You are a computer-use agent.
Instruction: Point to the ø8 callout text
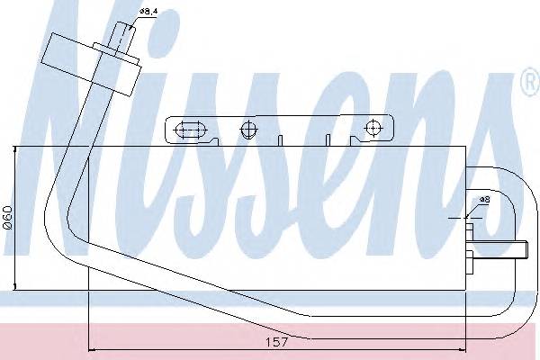tap(483, 198)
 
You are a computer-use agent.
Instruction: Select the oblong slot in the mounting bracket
tap(190, 130)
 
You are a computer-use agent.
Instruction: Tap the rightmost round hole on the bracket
tap(372, 130)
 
